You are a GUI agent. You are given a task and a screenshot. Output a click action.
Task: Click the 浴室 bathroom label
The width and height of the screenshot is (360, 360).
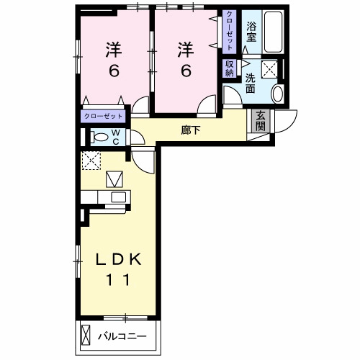(x=251, y=32)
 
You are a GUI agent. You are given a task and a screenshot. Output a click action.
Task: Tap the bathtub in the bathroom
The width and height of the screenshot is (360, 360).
(x=273, y=32)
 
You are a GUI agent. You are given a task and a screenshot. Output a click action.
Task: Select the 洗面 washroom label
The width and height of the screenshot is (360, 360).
(x=250, y=84)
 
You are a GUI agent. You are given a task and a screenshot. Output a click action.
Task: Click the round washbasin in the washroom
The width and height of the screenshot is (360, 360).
(x=278, y=94)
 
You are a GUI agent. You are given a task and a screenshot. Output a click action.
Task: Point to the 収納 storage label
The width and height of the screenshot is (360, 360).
(x=229, y=68)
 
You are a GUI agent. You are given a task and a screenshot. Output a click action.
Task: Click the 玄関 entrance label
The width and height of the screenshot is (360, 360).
(x=261, y=121)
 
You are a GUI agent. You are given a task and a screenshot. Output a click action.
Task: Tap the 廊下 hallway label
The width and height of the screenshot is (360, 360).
(x=191, y=130)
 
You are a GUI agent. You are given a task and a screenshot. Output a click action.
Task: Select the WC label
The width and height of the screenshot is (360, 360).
(x=116, y=137)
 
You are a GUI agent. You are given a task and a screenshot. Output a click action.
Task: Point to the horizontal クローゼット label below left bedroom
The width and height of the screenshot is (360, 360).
(x=103, y=117)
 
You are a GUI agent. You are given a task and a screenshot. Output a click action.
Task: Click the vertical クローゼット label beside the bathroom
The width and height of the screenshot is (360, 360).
(x=230, y=31)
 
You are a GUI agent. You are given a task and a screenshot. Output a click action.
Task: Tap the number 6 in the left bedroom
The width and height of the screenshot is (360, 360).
(x=114, y=71)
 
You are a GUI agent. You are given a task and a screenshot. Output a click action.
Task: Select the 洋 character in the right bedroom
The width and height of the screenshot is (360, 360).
(x=186, y=50)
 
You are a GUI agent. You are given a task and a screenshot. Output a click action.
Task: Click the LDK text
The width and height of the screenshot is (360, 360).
(x=118, y=259)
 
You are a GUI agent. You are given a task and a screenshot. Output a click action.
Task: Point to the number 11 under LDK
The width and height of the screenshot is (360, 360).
(x=118, y=279)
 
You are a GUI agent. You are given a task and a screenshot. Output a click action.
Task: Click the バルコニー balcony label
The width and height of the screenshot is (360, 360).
(x=122, y=336)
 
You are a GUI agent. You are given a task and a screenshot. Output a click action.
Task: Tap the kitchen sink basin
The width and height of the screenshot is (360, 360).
(x=118, y=197)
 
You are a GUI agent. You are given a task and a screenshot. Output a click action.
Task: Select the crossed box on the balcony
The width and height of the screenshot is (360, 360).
(x=86, y=336)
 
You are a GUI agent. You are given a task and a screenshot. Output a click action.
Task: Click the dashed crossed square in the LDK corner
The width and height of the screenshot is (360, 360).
(x=91, y=161)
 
